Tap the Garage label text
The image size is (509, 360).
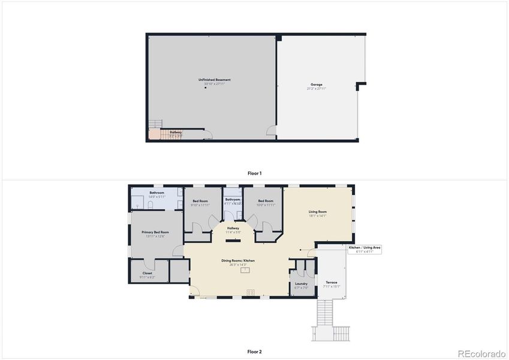(x=316, y=85)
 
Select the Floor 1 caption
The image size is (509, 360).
(x=254, y=173)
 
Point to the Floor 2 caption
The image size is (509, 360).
(x=254, y=352)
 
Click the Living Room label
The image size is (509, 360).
(x=318, y=212)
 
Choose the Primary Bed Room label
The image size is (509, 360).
(x=155, y=232)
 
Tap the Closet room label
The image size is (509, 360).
(x=147, y=274)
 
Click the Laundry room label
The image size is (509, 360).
(x=301, y=284)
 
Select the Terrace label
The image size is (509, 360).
(x=332, y=283)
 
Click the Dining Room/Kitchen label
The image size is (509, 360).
(x=238, y=260)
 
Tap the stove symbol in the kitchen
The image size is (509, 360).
(x=251, y=293)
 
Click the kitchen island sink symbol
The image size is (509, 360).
(x=245, y=270)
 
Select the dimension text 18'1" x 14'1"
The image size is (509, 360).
(x=318, y=216)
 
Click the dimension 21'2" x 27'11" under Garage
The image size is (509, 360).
(x=316, y=89)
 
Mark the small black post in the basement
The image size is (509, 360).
(x=205, y=89)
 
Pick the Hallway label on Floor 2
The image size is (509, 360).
(x=233, y=228)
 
